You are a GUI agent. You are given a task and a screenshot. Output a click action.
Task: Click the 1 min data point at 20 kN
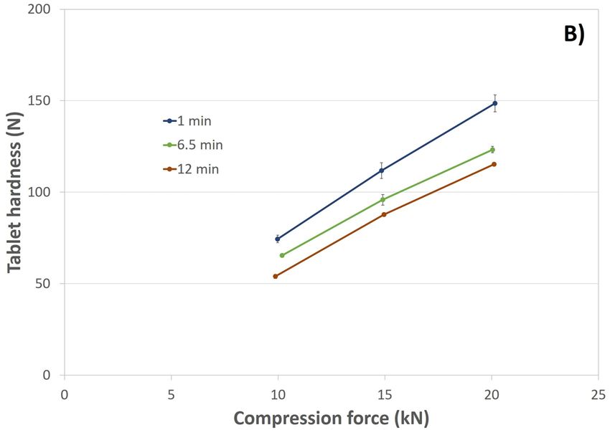point(494,103)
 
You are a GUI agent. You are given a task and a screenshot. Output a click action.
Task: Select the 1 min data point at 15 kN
point(382,171)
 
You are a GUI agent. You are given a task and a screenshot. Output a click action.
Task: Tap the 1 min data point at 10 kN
point(278,239)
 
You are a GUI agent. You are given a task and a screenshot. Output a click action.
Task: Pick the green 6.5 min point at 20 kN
point(492,150)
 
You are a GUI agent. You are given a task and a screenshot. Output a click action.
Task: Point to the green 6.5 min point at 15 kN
point(383,199)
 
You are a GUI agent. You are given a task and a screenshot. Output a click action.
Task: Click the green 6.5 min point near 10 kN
point(282,255)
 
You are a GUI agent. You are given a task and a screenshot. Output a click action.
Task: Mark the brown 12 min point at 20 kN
point(494,164)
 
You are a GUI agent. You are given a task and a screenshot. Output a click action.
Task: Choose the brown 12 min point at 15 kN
point(384,214)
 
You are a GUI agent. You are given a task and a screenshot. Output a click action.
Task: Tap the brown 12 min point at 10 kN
point(276,276)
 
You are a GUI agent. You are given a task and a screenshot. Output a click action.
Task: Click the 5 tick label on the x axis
point(172,393)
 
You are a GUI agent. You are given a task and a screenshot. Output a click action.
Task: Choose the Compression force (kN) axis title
point(331,419)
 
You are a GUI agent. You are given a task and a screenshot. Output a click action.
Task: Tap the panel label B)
point(573,34)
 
